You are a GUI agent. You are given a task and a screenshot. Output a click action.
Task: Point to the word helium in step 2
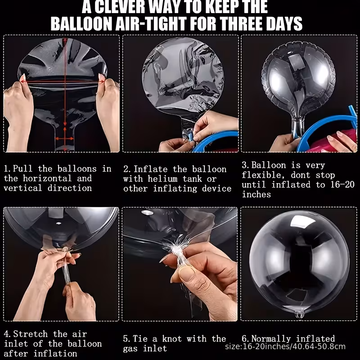(x=163, y=179)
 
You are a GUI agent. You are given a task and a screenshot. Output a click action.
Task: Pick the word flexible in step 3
(x=264, y=175)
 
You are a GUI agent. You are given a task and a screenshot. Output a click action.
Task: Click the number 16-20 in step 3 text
(x=342, y=184)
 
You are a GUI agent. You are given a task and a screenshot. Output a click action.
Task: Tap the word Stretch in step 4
(x=31, y=334)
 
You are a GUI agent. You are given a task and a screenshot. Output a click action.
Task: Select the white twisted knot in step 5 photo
(x=176, y=250)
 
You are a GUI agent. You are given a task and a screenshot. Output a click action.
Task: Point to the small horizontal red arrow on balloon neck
(x=64, y=139)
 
